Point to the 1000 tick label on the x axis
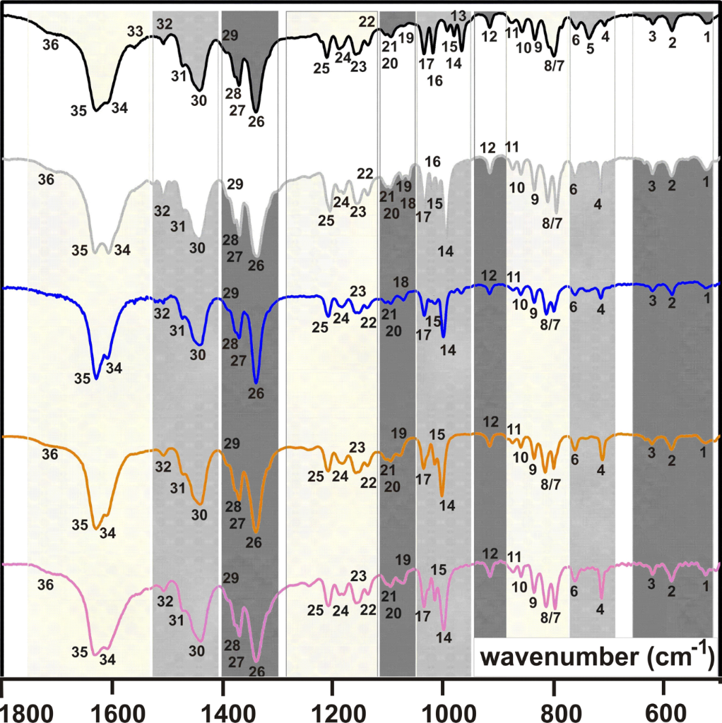[x=444, y=707]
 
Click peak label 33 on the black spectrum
[x=136, y=30]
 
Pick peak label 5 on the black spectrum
[x=589, y=49]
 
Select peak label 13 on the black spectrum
[x=457, y=16]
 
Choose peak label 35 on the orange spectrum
[x=80, y=525]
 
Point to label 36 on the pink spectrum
[x=45, y=585]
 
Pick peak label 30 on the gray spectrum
[x=198, y=249]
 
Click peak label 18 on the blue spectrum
[x=401, y=282]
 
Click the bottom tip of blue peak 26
[x=256, y=382]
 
